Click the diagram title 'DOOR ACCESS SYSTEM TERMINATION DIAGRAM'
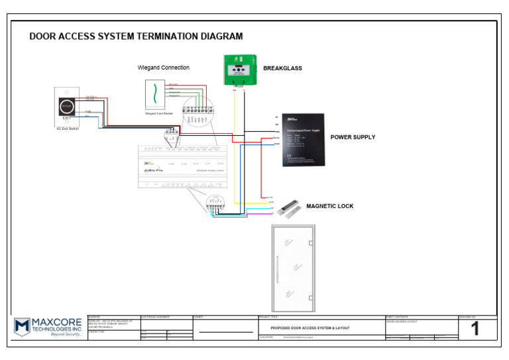[136, 36]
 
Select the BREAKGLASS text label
[282, 68]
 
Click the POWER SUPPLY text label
[353, 137]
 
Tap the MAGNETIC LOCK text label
[329, 206]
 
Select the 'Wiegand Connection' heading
[163, 68]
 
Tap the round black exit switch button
[66, 105]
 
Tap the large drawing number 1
[475, 330]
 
